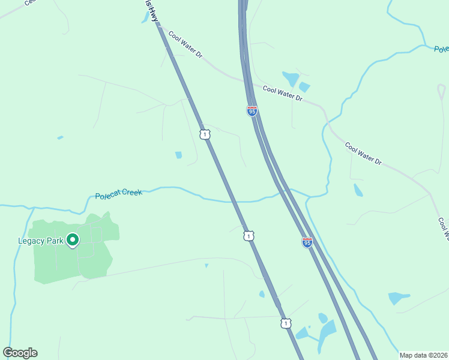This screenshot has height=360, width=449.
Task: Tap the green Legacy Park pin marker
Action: (x=73, y=240)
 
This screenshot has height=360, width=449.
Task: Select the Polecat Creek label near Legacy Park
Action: (x=118, y=194)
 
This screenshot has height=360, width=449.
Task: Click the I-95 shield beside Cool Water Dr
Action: (x=252, y=111)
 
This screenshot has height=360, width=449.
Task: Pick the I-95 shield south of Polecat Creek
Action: (x=307, y=242)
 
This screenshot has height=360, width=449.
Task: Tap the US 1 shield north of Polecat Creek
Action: (x=205, y=134)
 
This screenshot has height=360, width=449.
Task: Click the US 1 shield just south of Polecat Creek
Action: (x=249, y=236)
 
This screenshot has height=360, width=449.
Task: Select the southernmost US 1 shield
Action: (x=286, y=323)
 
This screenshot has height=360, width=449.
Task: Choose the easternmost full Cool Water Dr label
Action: (x=363, y=153)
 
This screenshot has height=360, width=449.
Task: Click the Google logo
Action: (x=20, y=353)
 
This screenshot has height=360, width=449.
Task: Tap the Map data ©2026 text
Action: (x=423, y=355)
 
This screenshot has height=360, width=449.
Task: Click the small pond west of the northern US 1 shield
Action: (x=178, y=155)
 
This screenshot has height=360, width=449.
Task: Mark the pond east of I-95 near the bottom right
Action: (x=398, y=298)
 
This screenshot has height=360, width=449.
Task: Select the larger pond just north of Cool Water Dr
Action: (x=291, y=79)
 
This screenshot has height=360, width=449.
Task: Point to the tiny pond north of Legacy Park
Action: (x=60, y=137)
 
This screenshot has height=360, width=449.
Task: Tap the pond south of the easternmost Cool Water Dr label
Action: (x=358, y=191)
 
